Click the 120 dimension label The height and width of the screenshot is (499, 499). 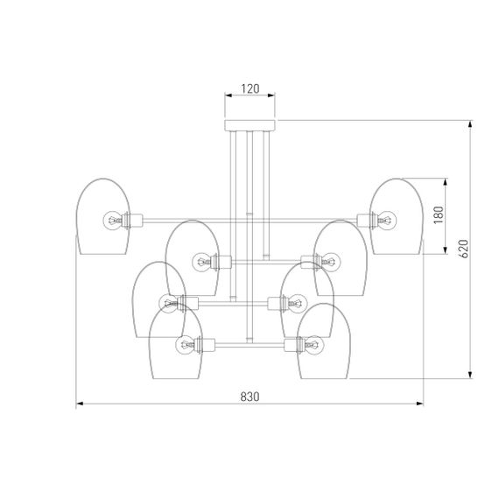tap(250, 88)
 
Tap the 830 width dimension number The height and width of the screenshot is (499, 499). tap(249, 397)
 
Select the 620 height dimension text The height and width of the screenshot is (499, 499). tap(464, 249)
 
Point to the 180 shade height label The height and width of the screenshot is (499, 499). tap(439, 214)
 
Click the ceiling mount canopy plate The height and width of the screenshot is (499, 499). tap(249, 125)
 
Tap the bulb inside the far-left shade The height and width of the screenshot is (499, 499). tap(112, 220)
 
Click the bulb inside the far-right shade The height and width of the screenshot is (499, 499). tap(387, 220)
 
